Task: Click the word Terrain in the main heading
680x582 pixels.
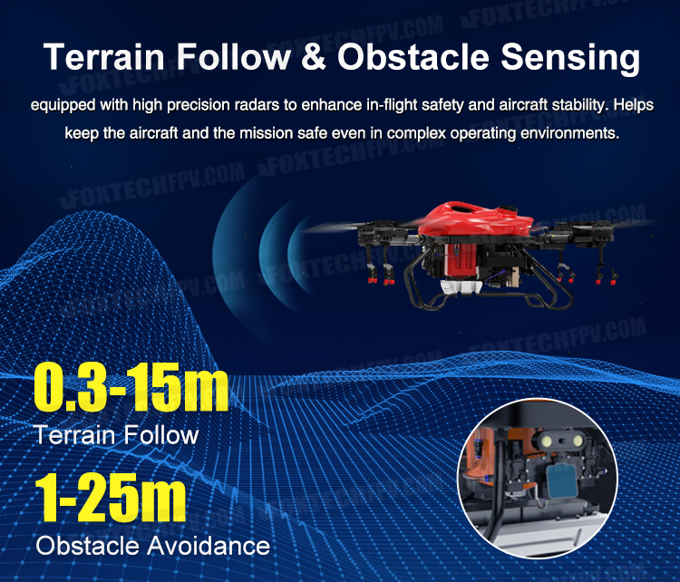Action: (104, 57)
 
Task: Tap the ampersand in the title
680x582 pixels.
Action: (313, 57)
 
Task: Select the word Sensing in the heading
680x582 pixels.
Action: (570, 59)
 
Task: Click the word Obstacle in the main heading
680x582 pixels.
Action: (413, 57)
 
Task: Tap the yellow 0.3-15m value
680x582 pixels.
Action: (131, 387)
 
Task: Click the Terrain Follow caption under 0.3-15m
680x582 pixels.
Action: (116, 434)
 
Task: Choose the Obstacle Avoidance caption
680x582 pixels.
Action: (152, 545)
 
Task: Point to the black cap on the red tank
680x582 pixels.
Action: (507, 209)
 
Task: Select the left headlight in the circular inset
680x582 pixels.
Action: (545, 441)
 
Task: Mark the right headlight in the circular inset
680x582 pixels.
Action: (578, 441)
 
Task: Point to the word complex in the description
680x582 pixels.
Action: (416, 134)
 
